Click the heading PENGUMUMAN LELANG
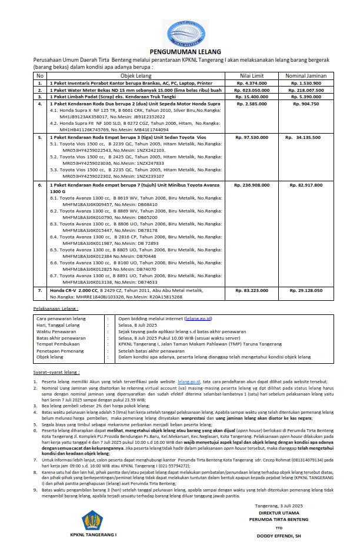pyautogui.click(x=179, y=52)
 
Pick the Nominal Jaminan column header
pyautogui.click(x=304, y=75)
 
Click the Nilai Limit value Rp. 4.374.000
pyautogui.click(x=251, y=83)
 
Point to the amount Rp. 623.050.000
pyautogui.click(x=251, y=89)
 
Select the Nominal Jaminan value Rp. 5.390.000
pyautogui.click(x=304, y=96)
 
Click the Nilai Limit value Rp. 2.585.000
pyautogui.click(x=251, y=103)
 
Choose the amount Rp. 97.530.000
pyautogui.click(x=251, y=137)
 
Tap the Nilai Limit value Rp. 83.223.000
pyautogui.click(x=251, y=290)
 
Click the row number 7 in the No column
pyautogui.click(x=40, y=290)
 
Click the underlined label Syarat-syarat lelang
pyautogui.click(x=57, y=373)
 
